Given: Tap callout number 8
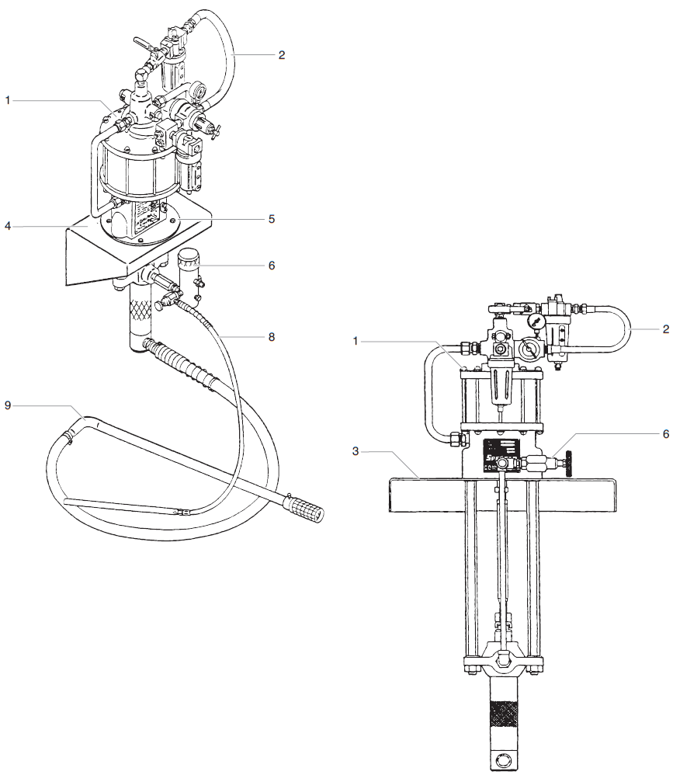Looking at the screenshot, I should [x=272, y=337].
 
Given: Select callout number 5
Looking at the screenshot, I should [x=272, y=219].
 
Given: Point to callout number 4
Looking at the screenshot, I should [x=7, y=227].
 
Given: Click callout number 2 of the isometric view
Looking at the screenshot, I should [x=282, y=54].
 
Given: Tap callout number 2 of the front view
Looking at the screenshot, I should [x=665, y=329].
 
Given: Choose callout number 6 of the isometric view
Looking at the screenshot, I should [x=272, y=265].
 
